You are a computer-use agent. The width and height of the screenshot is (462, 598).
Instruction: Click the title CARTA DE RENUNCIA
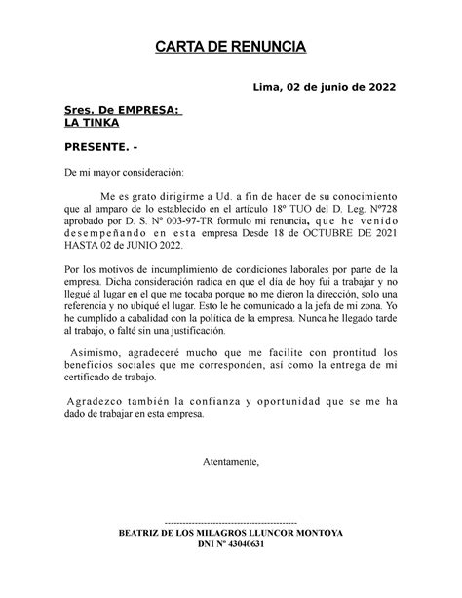[231, 48]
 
